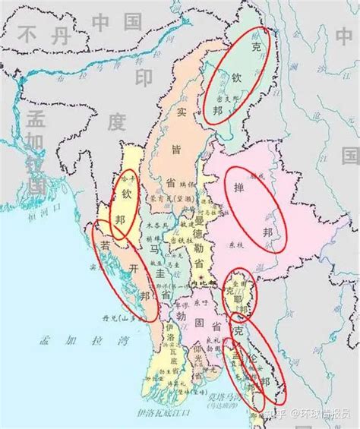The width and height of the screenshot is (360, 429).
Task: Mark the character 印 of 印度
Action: [144, 79]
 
